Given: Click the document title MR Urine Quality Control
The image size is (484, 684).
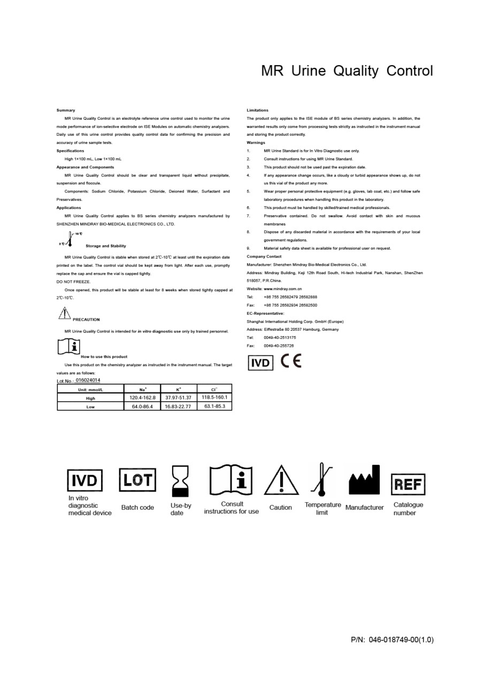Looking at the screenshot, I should (347, 71).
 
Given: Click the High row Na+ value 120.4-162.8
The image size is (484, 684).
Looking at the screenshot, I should (143, 398).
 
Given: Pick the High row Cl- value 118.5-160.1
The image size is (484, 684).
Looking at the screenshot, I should (214, 397).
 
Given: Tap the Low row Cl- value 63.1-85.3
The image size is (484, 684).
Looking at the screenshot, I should (214, 406).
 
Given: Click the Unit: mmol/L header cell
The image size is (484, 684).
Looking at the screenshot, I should (90, 390).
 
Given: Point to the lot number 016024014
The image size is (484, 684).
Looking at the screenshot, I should (88, 380).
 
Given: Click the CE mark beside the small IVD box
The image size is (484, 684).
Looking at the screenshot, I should (291, 362).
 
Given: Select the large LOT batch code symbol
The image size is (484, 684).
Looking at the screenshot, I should (137, 480).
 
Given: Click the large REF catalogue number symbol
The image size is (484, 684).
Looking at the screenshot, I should (409, 484).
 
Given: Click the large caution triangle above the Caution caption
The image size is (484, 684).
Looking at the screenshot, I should (281, 480).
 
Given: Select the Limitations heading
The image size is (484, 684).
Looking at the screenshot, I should (258, 110).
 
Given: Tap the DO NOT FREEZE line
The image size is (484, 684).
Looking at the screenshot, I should (74, 282).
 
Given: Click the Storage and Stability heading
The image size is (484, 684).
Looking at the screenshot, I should (105, 246).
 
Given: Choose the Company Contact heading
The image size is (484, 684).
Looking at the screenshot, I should (264, 256).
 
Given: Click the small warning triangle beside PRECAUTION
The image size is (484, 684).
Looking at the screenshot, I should (64, 313).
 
